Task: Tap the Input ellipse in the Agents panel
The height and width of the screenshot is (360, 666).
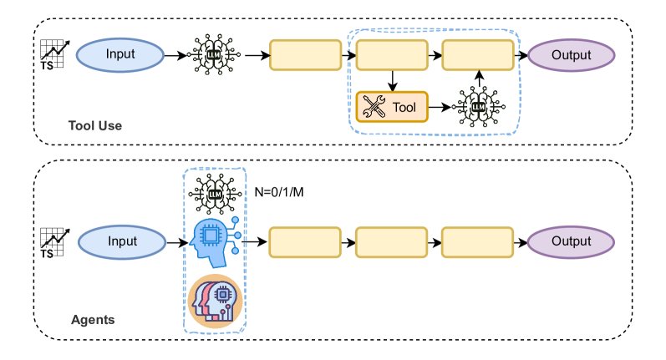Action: pos(119,242)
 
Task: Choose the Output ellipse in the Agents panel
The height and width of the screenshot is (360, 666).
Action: pos(572,242)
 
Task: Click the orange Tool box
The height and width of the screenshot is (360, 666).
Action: pos(391,107)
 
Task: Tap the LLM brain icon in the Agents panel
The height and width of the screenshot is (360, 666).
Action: pos(214,194)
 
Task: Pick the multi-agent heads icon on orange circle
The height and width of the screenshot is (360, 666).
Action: pos(215,300)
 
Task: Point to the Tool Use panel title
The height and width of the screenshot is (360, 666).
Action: pos(95,127)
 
